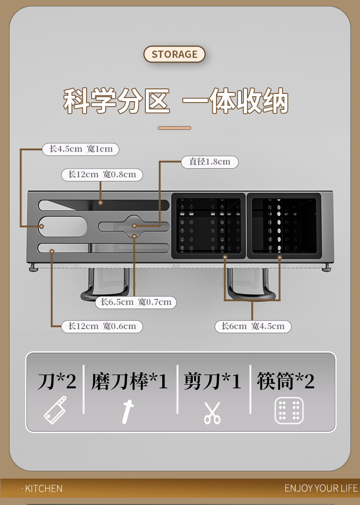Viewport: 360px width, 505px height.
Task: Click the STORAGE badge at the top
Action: (x=175, y=54)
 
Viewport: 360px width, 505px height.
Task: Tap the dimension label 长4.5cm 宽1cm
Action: (x=81, y=149)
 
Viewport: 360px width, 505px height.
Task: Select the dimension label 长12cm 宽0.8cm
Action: (x=102, y=175)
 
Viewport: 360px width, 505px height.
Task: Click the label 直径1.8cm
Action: (x=210, y=162)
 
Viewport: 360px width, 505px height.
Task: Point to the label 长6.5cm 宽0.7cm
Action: (x=136, y=302)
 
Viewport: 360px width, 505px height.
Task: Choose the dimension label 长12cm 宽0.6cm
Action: (x=102, y=326)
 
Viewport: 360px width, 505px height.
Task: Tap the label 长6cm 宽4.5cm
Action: (x=253, y=326)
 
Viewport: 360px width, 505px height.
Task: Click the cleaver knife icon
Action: (x=55, y=410)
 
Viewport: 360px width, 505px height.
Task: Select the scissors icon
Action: (x=212, y=412)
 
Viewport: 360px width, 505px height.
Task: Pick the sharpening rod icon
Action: (x=128, y=411)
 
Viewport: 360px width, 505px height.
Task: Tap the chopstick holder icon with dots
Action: (x=289, y=411)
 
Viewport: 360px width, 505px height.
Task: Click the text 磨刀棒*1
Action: (x=130, y=381)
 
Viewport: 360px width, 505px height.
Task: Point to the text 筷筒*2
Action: (x=286, y=381)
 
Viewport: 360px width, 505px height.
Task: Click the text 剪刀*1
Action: (x=212, y=381)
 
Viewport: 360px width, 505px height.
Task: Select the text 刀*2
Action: (x=57, y=381)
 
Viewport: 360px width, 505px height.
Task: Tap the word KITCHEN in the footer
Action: (x=43, y=489)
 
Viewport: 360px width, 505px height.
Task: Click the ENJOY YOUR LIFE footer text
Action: (x=321, y=489)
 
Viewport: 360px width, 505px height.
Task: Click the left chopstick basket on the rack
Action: (x=208, y=226)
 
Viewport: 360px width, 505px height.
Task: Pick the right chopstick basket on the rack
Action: (x=284, y=226)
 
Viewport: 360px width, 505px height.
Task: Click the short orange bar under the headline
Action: (x=175, y=128)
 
